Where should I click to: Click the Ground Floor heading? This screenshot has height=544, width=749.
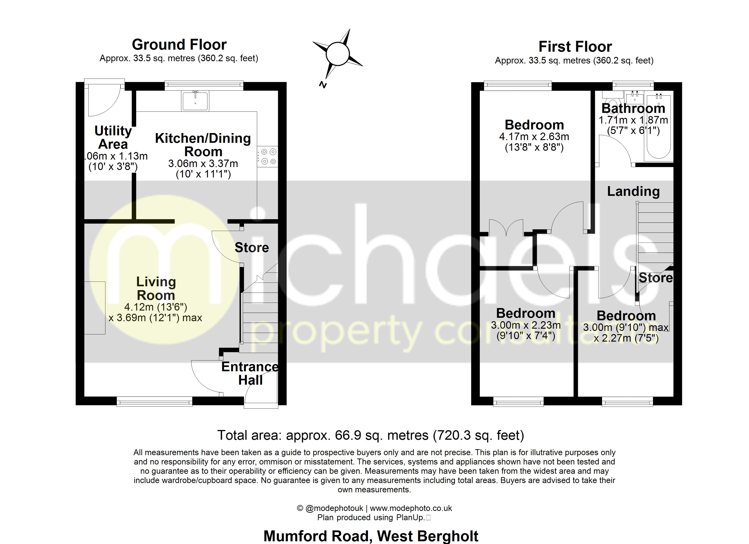click(179, 44)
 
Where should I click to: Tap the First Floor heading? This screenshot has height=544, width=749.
click(575, 46)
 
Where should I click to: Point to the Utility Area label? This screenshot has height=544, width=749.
click(113, 137)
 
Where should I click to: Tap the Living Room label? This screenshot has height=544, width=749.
click(156, 288)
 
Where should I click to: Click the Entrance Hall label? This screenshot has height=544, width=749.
click(250, 373)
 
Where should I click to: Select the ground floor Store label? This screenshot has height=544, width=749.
click(252, 248)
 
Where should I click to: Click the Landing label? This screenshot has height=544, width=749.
click(633, 191)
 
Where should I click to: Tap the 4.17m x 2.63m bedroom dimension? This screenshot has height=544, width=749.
click(534, 137)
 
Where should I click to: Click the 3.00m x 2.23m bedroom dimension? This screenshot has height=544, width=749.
click(526, 325)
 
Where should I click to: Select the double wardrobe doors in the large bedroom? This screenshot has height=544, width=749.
click(506, 228)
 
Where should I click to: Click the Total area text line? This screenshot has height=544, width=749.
click(371, 435)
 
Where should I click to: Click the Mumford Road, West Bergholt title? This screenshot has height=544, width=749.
click(371, 536)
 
